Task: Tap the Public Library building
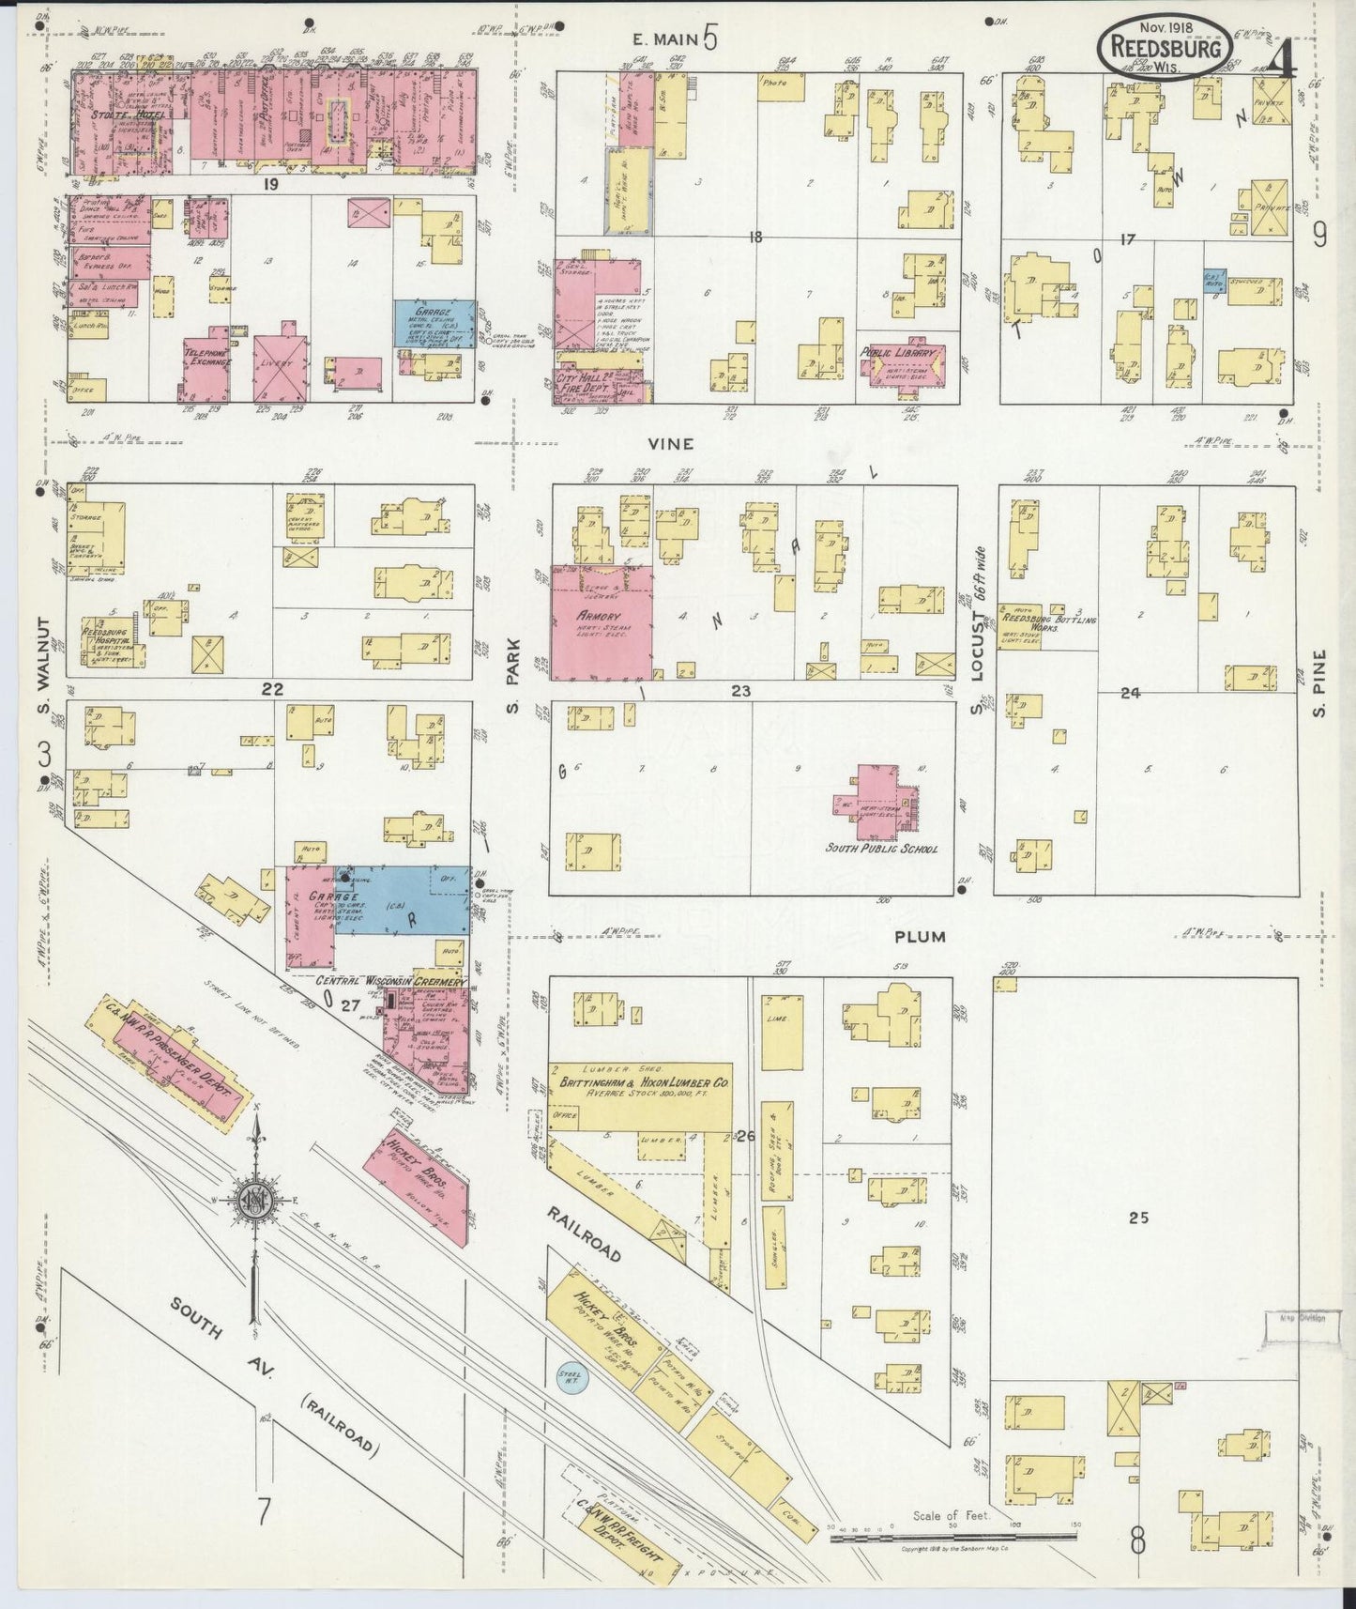(x=901, y=367)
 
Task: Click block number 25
(x=1138, y=1218)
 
